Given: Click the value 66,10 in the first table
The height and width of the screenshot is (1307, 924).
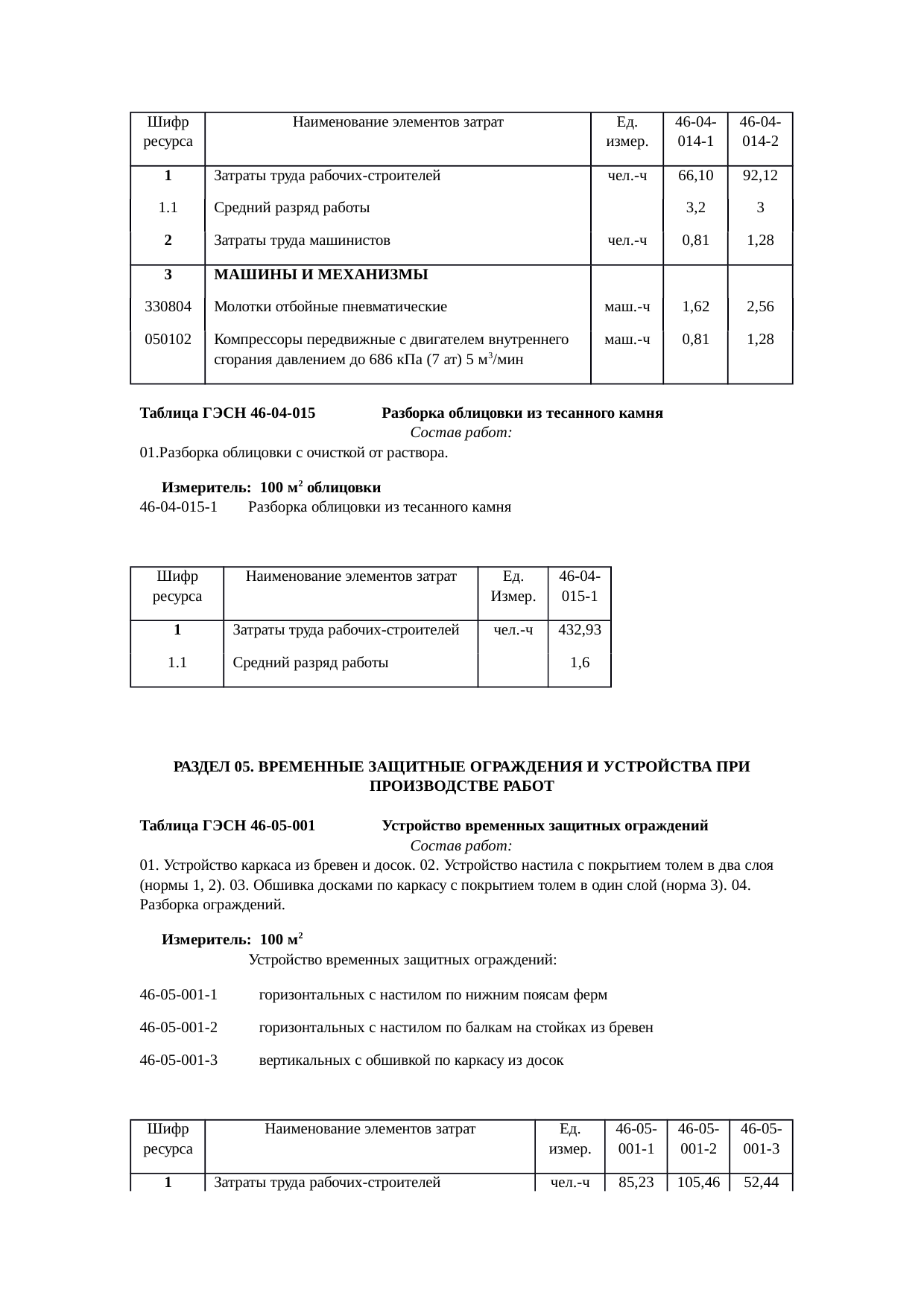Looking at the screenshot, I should click(x=695, y=176).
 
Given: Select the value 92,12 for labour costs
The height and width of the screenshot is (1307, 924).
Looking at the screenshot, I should click(x=760, y=176).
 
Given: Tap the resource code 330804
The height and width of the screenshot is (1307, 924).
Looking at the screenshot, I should click(x=168, y=306).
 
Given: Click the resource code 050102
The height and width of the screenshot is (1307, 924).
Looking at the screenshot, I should click(x=168, y=339).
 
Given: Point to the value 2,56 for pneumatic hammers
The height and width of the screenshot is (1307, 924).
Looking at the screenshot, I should click(x=760, y=306).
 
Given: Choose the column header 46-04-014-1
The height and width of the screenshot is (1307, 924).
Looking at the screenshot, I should click(x=695, y=131).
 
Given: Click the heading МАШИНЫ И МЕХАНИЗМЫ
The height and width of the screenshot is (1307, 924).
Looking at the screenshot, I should click(x=320, y=274).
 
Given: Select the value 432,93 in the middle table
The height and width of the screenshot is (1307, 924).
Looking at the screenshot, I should click(x=579, y=629).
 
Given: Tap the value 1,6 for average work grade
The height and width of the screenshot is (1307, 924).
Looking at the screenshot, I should click(x=579, y=662).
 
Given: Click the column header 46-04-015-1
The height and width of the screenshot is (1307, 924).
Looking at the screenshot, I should click(x=579, y=586).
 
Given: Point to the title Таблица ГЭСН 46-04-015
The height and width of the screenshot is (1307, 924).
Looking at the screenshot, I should click(x=227, y=413).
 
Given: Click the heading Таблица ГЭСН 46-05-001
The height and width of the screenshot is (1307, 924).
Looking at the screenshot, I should click(x=227, y=826).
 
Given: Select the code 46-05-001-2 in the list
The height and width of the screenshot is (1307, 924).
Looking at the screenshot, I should click(x=179, y=1028).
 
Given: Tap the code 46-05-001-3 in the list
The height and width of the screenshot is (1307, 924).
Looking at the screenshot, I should click(x=179, y=1060).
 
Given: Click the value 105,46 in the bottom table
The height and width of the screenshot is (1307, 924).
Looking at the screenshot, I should click(x=698, y=1182).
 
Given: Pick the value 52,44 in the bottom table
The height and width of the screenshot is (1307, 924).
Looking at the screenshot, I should click(x=761, y=1182).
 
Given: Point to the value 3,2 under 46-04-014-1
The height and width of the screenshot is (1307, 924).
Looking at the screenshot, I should click(x=695, y=208).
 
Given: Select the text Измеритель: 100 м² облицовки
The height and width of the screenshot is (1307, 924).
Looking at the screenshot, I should click(x=271, y=488).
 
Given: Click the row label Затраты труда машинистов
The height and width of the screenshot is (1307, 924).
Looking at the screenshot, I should click(x=302, y=241).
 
